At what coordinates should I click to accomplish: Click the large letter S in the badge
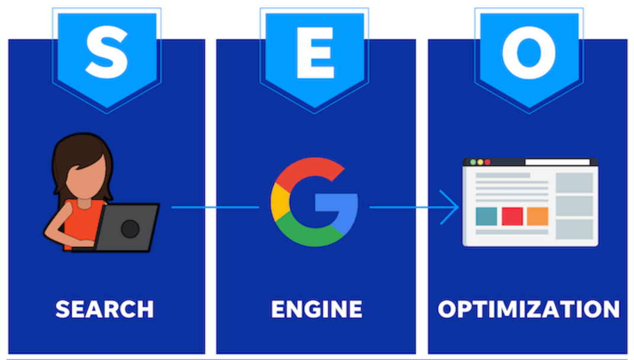tap(106, 53)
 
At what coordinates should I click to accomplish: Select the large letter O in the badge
tap(529, 53)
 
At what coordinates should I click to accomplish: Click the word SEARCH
tap(105, 309)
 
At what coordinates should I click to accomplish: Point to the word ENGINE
tap(316, 309)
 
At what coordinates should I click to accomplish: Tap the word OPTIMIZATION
tap(529, 309)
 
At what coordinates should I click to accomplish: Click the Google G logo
tap(314, 202)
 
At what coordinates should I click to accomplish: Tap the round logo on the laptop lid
tap(130, 229)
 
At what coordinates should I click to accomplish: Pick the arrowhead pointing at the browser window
tap(449, 207)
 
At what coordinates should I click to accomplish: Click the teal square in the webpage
tap(486, 216)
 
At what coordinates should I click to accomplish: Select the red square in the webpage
tap(512, 216)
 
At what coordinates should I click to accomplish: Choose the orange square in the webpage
tap(538, 216)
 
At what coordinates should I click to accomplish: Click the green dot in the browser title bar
tap(473, 162)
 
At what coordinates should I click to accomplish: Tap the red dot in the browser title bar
tap(488, 162)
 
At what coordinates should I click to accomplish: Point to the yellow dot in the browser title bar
tap(480, 162)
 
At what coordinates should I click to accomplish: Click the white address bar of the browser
tap(558, 162)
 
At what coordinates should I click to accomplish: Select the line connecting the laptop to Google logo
tap(215, 207)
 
